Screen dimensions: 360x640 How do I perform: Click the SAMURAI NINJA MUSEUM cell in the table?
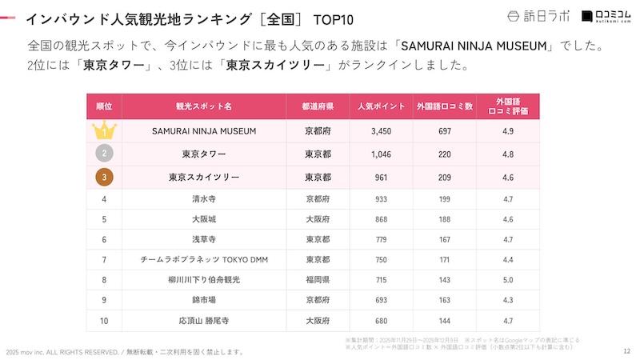pyautogui.click(x=204, y=130)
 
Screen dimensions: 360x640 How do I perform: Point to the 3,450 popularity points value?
pyautogui.click(x=381, y=130)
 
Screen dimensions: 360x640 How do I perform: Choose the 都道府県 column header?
pyautogui.click(x=318, y=106)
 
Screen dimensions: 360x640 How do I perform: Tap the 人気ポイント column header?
pyautogui.click(x=381, y=106)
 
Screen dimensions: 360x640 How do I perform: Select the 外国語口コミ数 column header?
pyautogui.click(x=445, y=106)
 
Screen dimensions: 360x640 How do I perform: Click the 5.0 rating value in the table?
pyautogui.click(x=508, y=279)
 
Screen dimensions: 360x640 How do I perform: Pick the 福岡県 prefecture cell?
pyautogui.click(x=318, y=279)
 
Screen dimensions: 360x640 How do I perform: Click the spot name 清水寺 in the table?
pyautogui.click(x=204, y=197)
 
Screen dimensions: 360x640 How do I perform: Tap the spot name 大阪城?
pyautogui.click(x=204, y=218)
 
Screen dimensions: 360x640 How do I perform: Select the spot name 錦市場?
pyautogui.click(x=204, y=300)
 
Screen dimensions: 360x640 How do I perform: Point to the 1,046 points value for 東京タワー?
pyautogui.click(x=381, y=154)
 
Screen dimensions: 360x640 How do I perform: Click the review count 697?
pyautogui.click(x=445, y=130)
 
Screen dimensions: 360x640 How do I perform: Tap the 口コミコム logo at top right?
pyautogui.click(x=605, y=16)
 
